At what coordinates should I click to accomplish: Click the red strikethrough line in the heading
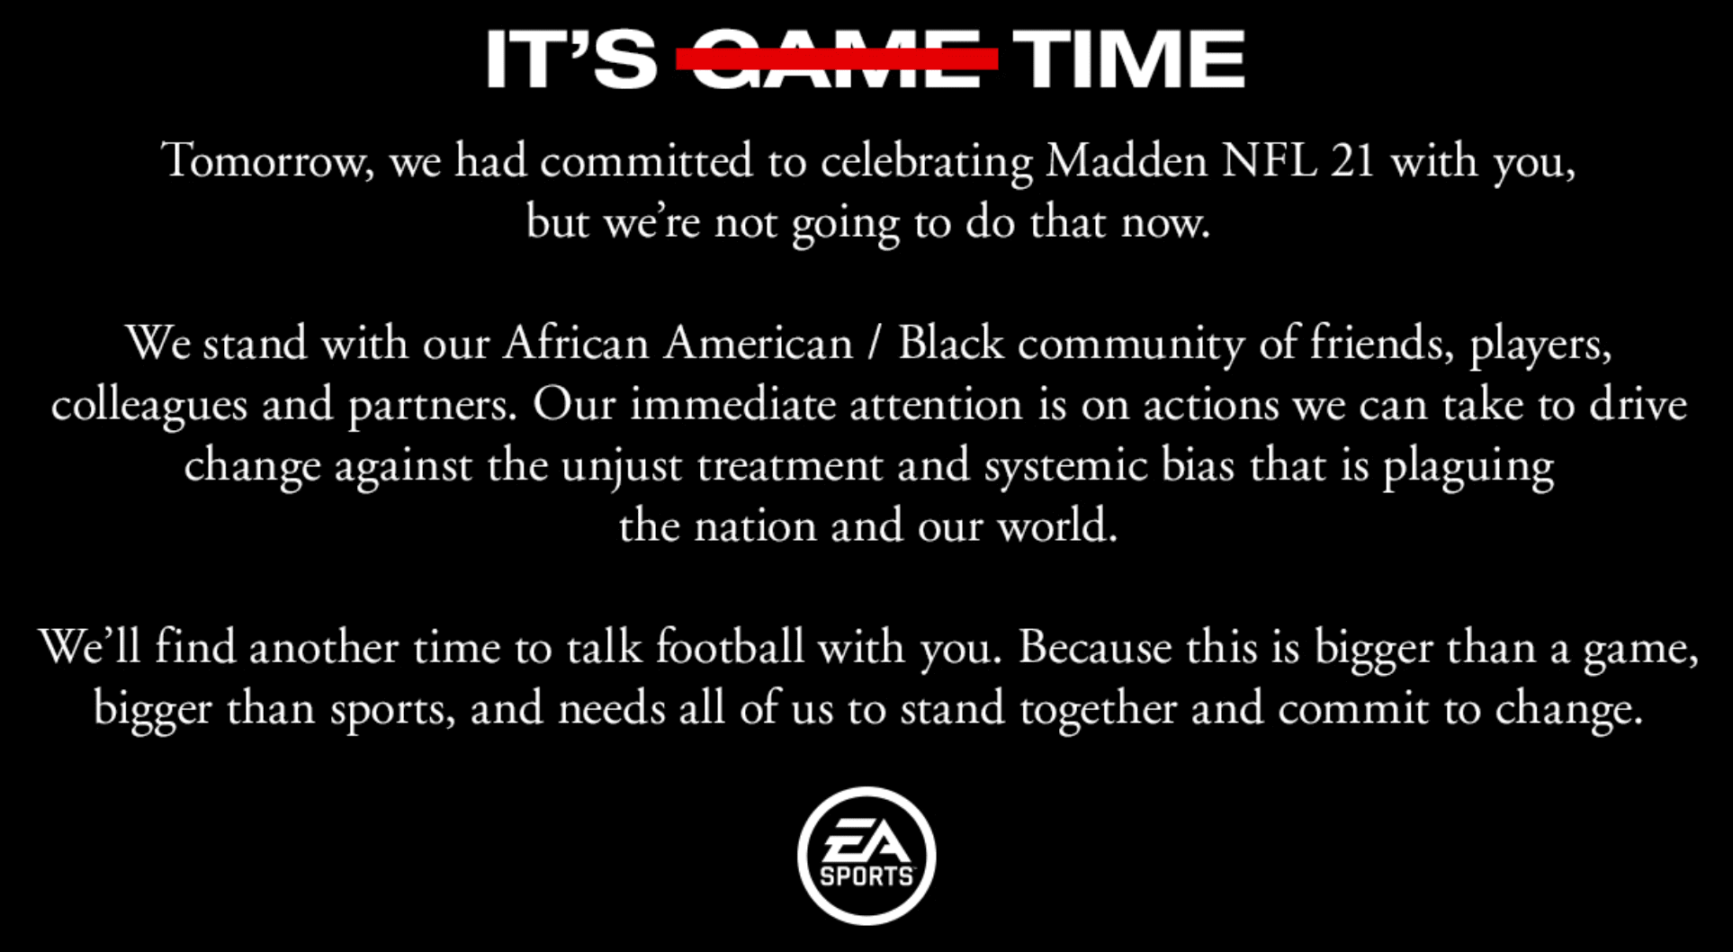point(837,58)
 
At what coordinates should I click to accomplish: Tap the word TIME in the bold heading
point(1129,59)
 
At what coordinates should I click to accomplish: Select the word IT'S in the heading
point(571,59)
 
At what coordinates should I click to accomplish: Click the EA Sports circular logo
point(866,856)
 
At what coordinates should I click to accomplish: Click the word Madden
point(1127,161)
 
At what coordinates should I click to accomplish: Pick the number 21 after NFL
point(1353,162)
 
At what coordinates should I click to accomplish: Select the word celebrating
point(927,163)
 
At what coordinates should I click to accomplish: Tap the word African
point(577,344)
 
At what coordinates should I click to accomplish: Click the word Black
point(951,344)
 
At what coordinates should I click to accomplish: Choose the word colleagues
point(149,406)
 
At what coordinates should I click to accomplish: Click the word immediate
point(732,405)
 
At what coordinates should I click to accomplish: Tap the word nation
point(755,527)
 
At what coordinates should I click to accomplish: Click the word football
point(730,648)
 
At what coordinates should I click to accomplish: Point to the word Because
point(1095,648)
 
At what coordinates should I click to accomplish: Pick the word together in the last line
point(1099,710)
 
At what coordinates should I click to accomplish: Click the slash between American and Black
point(875,344)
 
